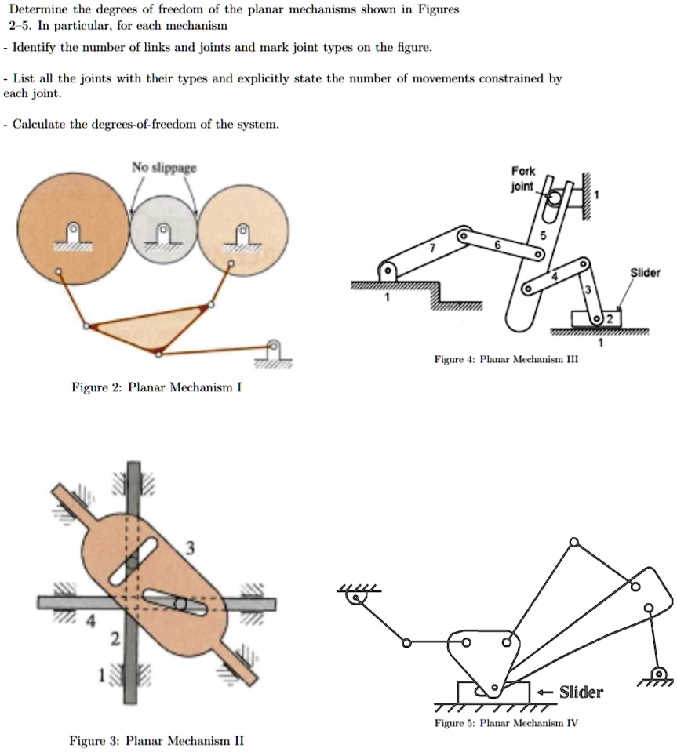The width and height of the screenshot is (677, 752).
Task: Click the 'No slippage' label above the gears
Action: coord(164,167)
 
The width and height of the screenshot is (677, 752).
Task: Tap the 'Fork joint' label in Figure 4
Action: coord(522,180)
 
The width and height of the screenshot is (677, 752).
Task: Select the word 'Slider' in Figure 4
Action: coord(646,273)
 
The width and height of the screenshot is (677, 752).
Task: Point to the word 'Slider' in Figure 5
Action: coord(581,692)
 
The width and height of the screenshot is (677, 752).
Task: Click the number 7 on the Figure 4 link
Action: coord(429,248)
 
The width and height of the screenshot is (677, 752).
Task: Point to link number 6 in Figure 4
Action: coord(497,245)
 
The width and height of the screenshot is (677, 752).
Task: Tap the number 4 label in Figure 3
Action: coord(91,623)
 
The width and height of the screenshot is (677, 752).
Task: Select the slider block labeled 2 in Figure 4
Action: coord(596,320)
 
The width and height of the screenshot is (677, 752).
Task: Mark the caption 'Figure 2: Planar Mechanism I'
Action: coord(156,387)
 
